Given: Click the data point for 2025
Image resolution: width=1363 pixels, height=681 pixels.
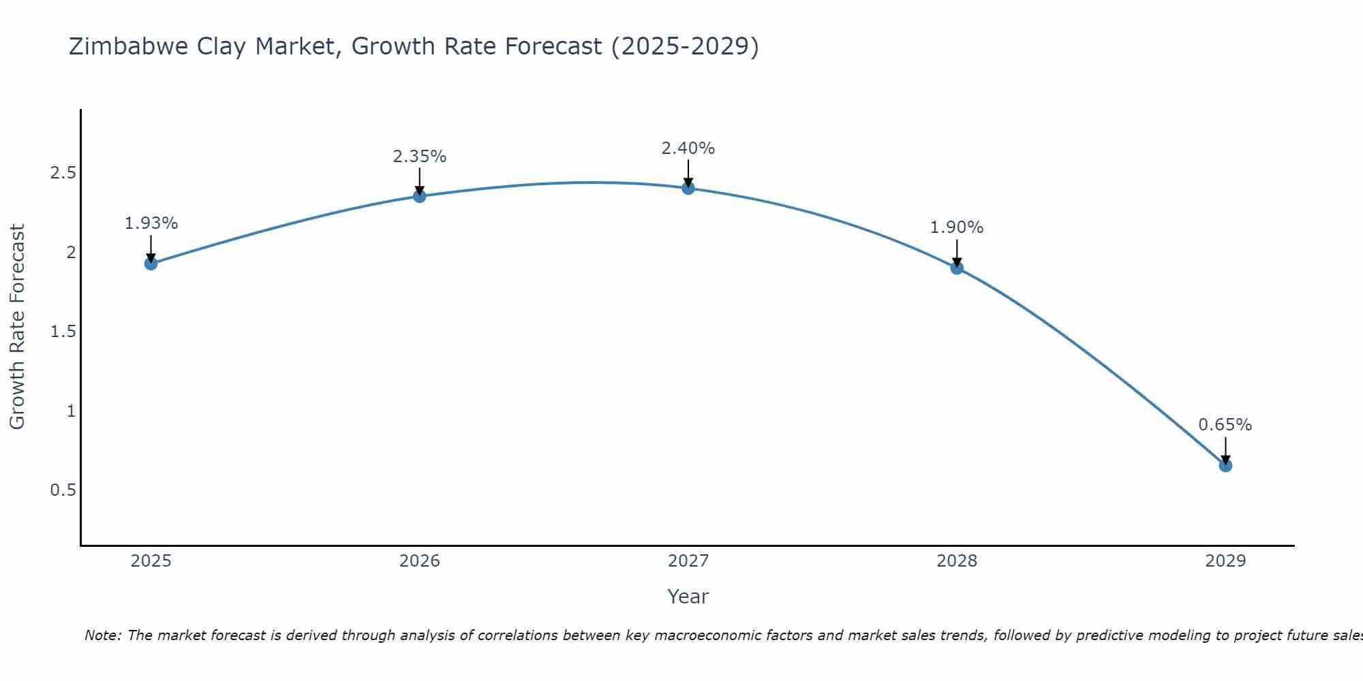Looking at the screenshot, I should coord(151,264).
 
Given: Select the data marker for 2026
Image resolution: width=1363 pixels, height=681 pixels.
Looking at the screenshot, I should coord(420,196).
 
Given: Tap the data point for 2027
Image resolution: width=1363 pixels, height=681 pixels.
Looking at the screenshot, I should coord(688,188).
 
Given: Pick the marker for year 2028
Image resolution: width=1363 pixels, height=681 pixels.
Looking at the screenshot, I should coord(957,268).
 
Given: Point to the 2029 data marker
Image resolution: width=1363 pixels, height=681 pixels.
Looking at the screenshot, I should coord(1225,466).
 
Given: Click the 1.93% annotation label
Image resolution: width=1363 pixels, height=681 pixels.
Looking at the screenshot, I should coord(151,223).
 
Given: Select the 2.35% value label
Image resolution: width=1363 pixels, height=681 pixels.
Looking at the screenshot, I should coord(420,157).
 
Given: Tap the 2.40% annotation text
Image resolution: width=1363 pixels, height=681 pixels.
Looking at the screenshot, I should coord(688,148).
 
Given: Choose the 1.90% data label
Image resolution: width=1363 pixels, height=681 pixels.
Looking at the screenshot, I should coord(957,227).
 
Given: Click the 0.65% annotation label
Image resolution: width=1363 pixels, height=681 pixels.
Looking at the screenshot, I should coord(1225,425).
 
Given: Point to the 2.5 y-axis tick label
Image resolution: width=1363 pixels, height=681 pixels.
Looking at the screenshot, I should coord(63,173).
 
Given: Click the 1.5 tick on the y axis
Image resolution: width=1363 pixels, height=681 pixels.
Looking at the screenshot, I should coord(63,332).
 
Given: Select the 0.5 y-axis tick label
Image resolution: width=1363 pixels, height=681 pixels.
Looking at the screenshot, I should coord(63,490).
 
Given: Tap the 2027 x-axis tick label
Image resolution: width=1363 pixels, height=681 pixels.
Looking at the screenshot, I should coord(688,561).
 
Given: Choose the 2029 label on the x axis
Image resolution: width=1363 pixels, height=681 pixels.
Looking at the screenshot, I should coord(1225,561).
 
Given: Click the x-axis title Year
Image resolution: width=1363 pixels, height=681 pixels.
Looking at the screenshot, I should coord(688,597).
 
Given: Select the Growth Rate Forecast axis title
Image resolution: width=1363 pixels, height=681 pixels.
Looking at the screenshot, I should coord(17,327).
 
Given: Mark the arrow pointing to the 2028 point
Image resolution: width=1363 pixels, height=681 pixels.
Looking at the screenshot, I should coord(957,252).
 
